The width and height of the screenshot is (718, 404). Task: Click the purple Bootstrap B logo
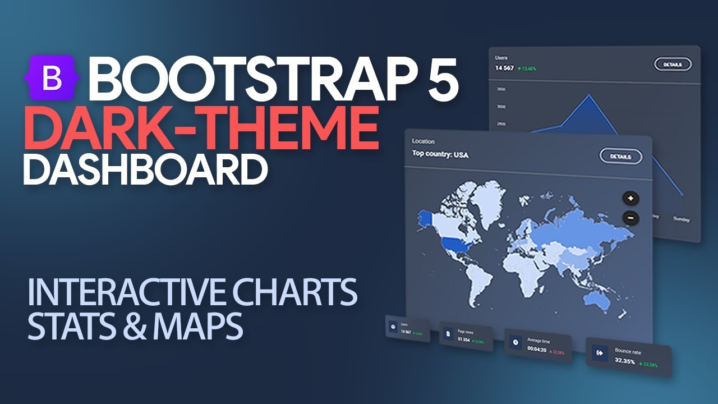tap(52, 79)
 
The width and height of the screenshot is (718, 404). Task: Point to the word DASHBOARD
tap(145, 169)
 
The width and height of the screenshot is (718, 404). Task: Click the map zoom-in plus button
tap(630, 198)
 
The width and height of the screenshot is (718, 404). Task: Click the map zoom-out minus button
tap(630, 218)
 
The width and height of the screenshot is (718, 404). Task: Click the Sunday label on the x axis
tap(682, 219)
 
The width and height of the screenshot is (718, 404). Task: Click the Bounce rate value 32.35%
tap(625, 361)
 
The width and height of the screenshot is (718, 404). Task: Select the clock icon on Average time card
tap(515, 342)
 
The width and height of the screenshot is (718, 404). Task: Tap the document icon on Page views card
tap(448, 334)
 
